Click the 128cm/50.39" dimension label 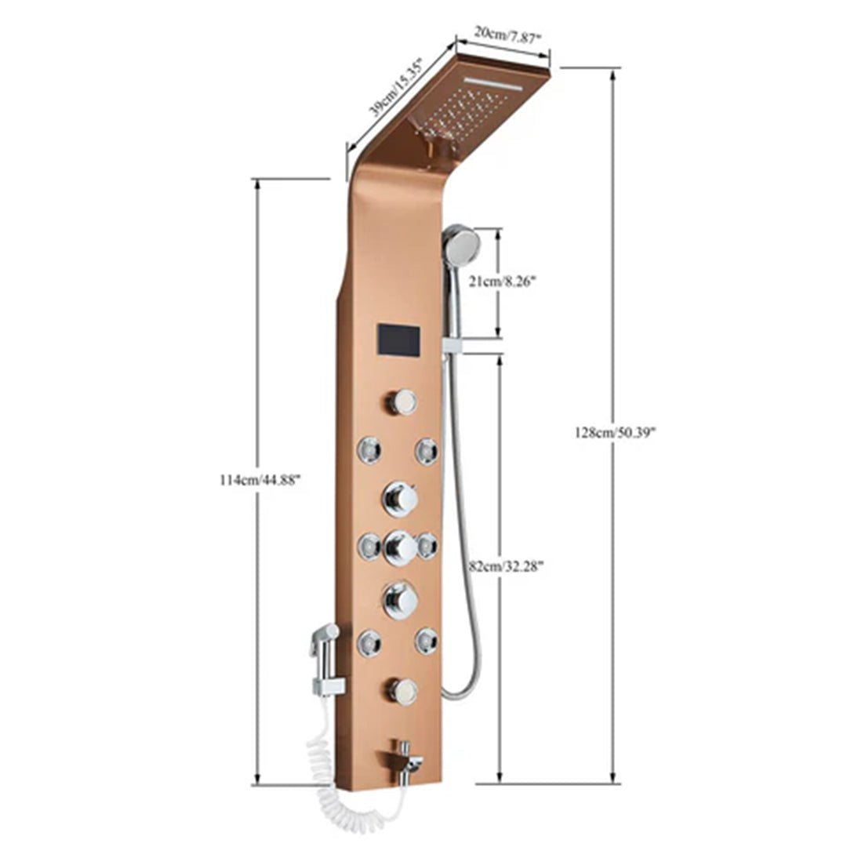coord(615,432)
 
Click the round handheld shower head coord(460,242)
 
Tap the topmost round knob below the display coord(401,402)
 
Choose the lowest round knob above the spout coord(401,690)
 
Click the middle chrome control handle coord(401,547)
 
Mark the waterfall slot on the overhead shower coord(503,83)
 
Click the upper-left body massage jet coord(369,450)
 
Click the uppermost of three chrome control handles coord(401,497)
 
